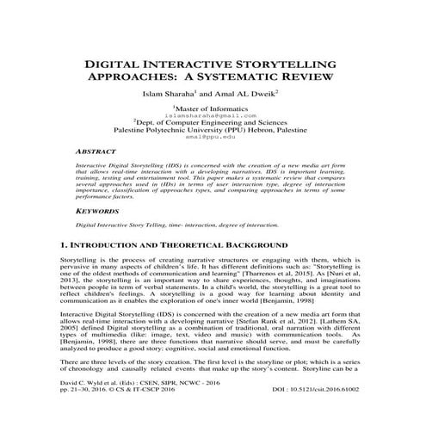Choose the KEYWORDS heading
[x=98, y=209]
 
